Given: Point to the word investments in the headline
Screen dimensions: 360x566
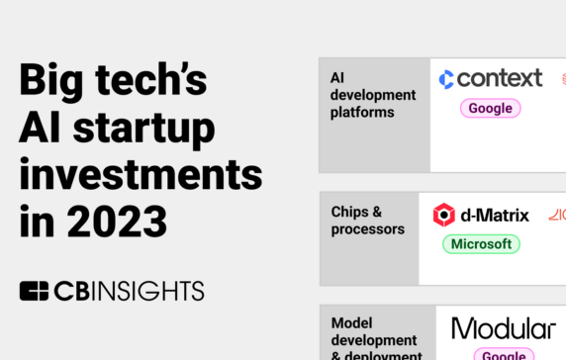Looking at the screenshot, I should pos(141,174).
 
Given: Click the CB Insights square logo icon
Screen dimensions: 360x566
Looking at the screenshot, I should pos(34,291).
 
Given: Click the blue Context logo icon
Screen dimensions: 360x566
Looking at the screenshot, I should pos(446,79).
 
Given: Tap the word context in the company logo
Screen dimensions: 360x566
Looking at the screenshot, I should pos(500,78).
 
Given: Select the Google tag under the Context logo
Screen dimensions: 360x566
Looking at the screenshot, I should pos(490,109).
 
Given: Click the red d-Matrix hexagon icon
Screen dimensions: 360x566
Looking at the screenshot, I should pos(444,215).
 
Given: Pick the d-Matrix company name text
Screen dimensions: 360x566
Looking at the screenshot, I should pos(495,215).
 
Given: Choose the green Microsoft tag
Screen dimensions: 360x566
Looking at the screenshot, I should pos(481,244).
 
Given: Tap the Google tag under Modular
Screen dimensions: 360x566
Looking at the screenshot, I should pos(504,355).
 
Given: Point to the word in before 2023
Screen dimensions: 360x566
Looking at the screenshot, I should pos(34,219).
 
